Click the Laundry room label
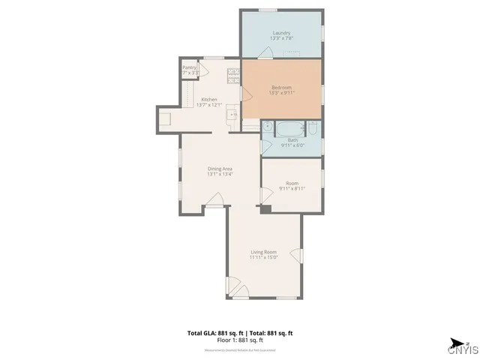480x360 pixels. click(281, 33)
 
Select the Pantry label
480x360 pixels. click(189, 67)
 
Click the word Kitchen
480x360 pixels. click(209, 100)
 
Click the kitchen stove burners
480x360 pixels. click(232, 76)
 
